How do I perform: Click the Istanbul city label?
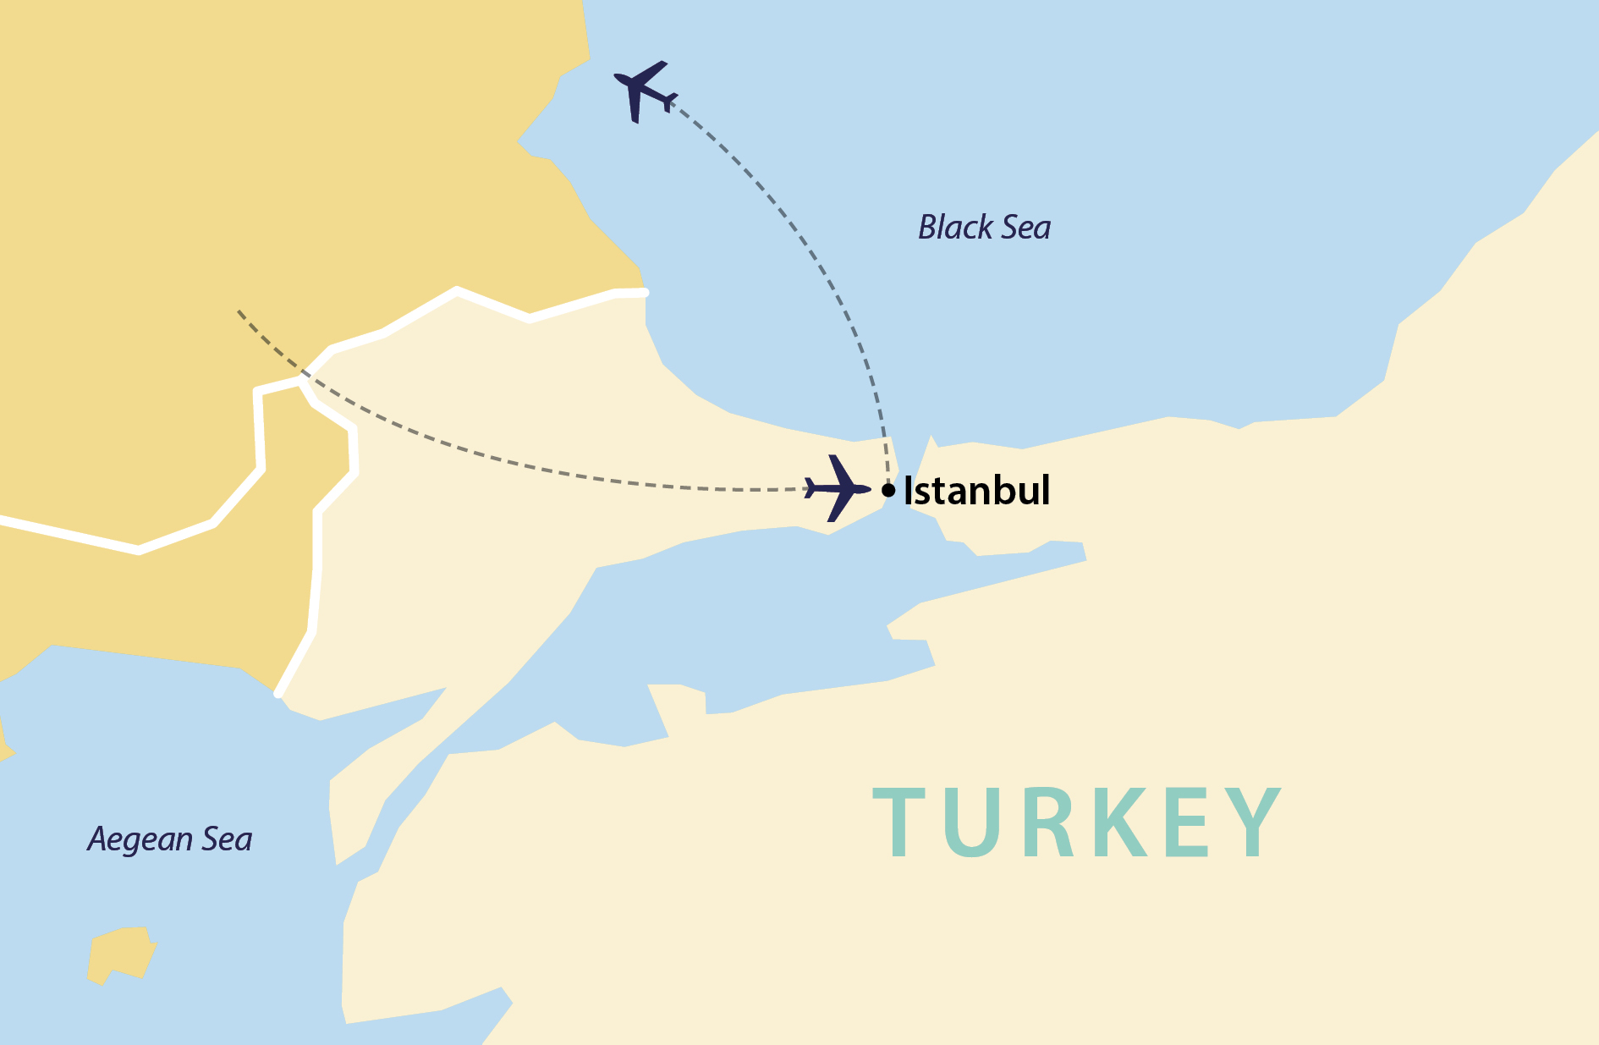tap(976, 491)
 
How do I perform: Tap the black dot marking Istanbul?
tap(888, 490)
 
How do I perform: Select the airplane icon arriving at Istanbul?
tap(837, 488)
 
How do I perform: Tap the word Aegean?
tap(140, 839)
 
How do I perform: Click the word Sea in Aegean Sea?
tap(227, 839)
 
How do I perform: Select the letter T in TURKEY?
tap(903, 822)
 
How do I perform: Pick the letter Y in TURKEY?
tap(1257, 822)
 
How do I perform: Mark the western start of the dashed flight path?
tap(239, 311)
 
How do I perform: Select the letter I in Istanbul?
tap(909, 491)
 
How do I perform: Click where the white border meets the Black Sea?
tap(645, 293)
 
